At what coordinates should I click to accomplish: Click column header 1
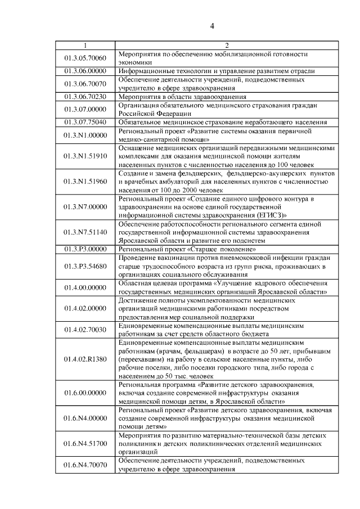pos(85,46)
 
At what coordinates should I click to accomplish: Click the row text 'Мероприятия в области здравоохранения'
pos(176,96)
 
